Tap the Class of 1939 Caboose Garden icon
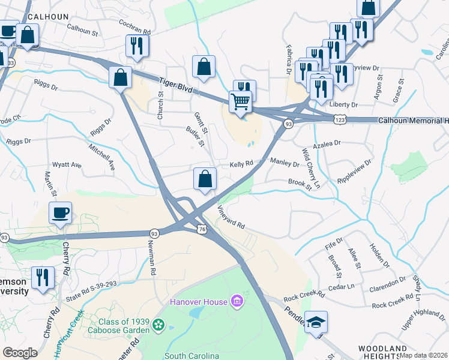pyautogui.click(x=158, y=325)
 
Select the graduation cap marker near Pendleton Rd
pyautogui.click(x=316, y=323)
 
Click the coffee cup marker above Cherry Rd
pyautogui.click(x=60, y=213)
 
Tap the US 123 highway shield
pyautogui.click(x=340, y=121)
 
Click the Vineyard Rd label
pyautogui.click(x=231, y=217)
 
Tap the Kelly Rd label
pyautogui.click(x=242, y=163)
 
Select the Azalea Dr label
pyautogui.click(x=328, y=143)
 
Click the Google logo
pyautogui.click(x=20, y=353)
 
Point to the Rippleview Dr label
pyautogui.click(x=355, y=170)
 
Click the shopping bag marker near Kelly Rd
pyautogui.click(x=205, y=179)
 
